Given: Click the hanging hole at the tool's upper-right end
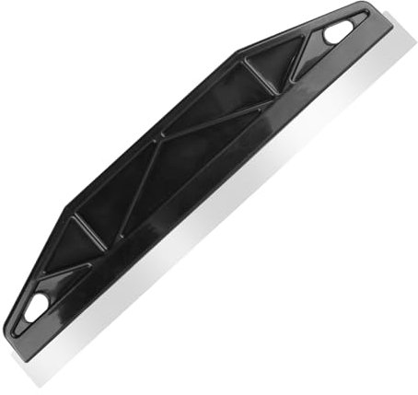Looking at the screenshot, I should pos(338,33).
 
